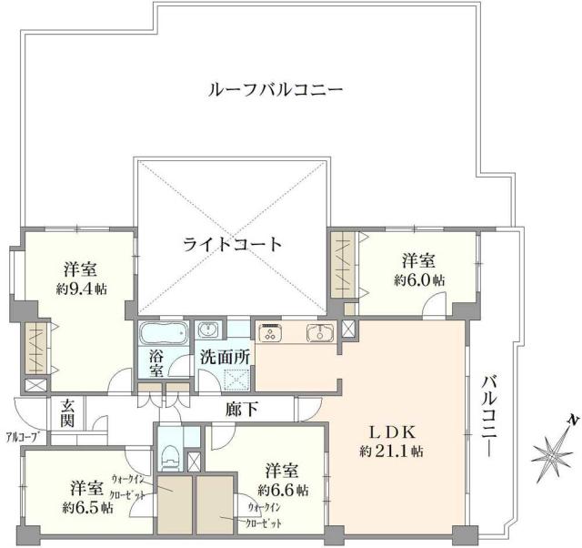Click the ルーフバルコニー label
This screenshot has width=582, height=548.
[275, 91]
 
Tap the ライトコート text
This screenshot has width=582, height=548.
[232, 244]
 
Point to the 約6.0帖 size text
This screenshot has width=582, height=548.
[418, 280]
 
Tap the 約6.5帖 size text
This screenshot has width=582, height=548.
[88, 507]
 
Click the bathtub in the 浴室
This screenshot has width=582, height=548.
[163, 330]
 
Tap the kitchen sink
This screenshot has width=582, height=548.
[319, 332]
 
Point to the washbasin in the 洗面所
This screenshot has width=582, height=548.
[207, 330]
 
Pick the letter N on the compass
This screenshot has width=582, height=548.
[570, 420]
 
